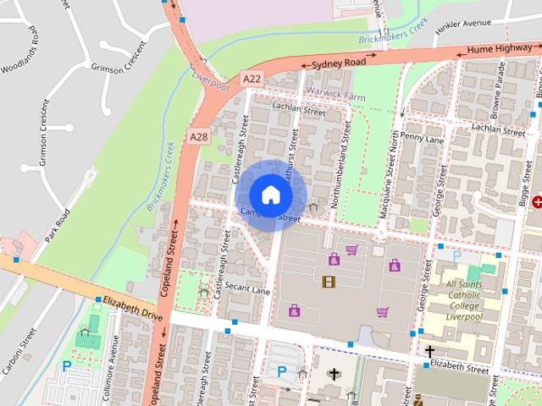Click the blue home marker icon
pos(270,194)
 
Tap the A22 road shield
pos(252,78)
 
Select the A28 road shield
pos(199,136)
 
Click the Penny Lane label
pos(422,137)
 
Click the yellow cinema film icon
pos(328,281)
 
